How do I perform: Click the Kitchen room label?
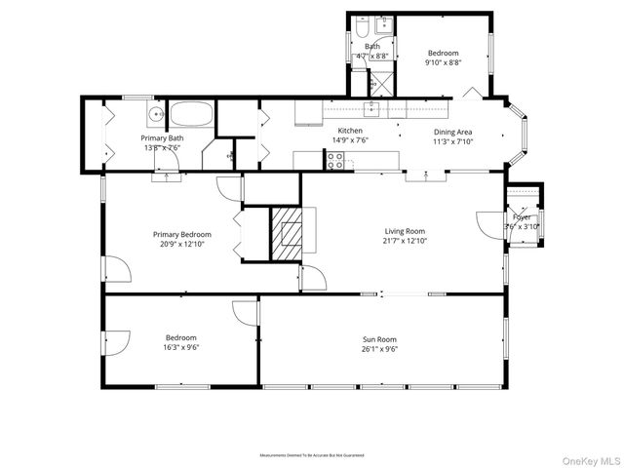(x=350, y=131)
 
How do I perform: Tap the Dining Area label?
(x=452, y=132)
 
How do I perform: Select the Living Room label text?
(x=406, y=231)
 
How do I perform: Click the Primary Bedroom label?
(x=181, y=234)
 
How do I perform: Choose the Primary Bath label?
(x=162, y=138)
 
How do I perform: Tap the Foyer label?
(x=522, y=216)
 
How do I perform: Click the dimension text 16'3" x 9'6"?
(x=181, y=347)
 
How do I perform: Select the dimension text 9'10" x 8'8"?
(x=443, y=62)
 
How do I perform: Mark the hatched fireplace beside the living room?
(x=288, y=234)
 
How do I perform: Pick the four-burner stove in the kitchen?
(x=335, y=163)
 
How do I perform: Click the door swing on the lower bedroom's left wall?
(x=116, y=342)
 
